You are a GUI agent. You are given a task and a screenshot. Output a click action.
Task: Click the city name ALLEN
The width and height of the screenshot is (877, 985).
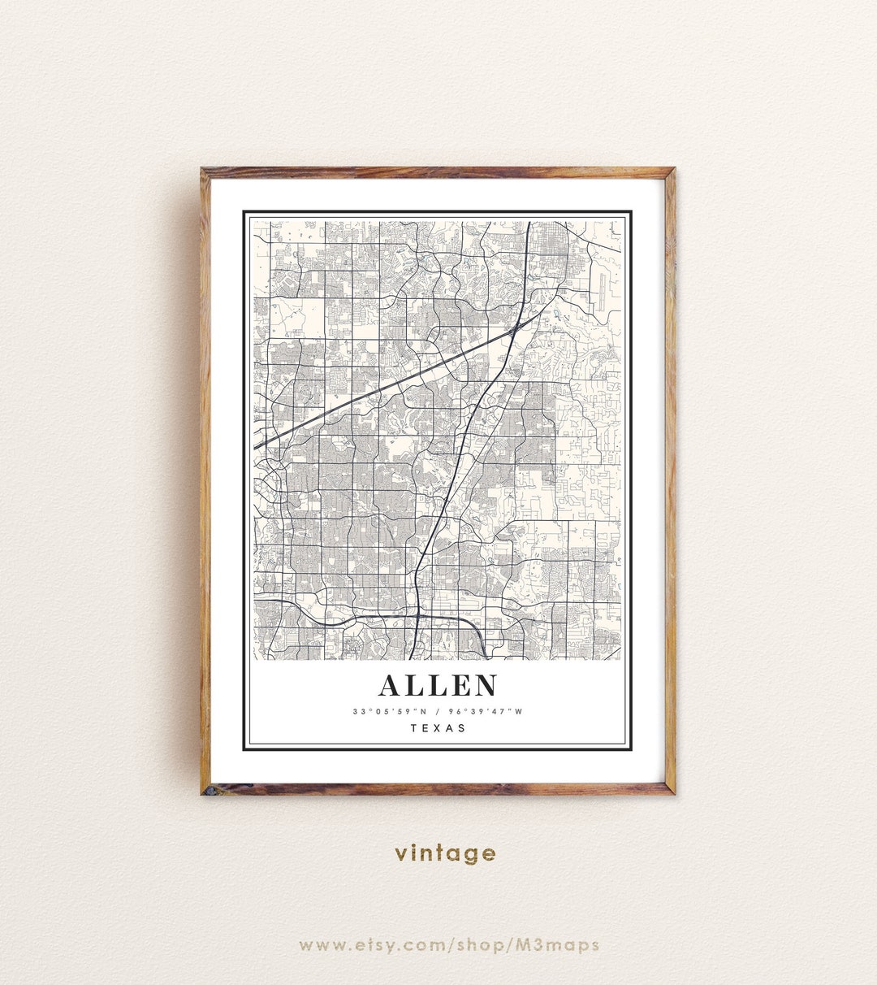point(438,686)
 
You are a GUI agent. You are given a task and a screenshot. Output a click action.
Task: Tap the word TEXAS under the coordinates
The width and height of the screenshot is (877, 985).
point(438,728)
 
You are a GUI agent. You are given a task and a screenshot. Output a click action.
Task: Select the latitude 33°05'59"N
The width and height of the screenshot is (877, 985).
point(387,712)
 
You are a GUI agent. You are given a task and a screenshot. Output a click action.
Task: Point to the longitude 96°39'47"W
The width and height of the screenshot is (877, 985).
point(486,712)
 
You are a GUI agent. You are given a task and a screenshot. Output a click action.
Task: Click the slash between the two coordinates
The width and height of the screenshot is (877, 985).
point(438,712)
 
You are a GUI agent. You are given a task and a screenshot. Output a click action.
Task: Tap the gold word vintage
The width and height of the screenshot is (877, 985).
point(445,853)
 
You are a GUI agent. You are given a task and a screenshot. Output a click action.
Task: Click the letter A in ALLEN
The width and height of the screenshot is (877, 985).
point(390,686)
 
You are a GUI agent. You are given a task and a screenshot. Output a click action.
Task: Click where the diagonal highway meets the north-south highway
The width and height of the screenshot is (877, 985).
point(516,328)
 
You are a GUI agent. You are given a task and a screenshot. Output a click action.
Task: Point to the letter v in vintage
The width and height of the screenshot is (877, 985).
point(401,853)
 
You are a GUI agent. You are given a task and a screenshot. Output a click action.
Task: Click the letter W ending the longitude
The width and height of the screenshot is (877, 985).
point(519,712)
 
